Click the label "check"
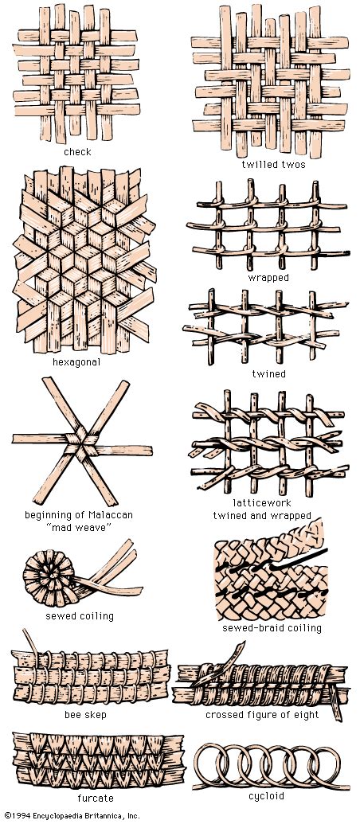77,152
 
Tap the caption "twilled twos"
273,164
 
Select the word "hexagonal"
76,362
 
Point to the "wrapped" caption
268,278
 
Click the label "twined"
268,373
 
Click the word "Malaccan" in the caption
111,514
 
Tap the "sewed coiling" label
80,616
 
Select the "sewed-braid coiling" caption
272,628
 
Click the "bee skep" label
84,715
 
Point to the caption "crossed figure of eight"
262,715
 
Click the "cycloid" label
266,796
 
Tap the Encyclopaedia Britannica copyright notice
70,816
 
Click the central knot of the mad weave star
81,443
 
